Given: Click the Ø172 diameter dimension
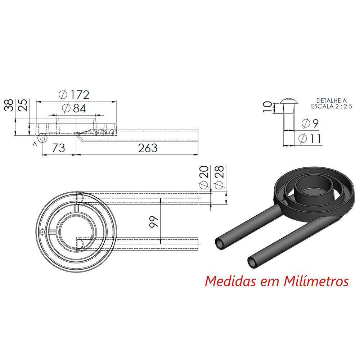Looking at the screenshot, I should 73,95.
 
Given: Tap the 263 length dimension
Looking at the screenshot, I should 148,148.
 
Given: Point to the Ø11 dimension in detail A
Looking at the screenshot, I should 310,139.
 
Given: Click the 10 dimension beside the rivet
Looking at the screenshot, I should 267,107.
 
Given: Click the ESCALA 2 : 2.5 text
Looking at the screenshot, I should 332,106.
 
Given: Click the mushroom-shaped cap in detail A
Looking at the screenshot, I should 288,100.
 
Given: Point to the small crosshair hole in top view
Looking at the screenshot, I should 43,232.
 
